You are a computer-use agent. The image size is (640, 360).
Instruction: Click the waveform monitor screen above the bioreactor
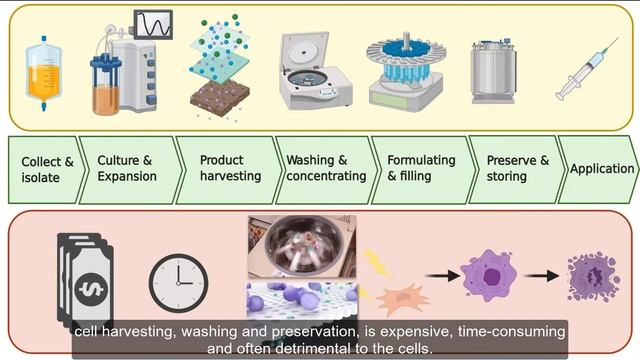click(x=152, y=24)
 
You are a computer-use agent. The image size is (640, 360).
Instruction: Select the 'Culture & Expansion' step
click(x=126, y=168)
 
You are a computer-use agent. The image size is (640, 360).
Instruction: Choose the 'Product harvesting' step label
click(x=230, y=168)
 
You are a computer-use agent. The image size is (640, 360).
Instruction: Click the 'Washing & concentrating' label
click(x=326, y=168)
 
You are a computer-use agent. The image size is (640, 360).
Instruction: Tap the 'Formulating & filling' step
click(x=420, y=168)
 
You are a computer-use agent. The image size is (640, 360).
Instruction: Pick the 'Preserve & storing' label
click(x=517, y=168)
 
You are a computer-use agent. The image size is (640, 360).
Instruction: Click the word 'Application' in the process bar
click(x=602, y=169)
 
